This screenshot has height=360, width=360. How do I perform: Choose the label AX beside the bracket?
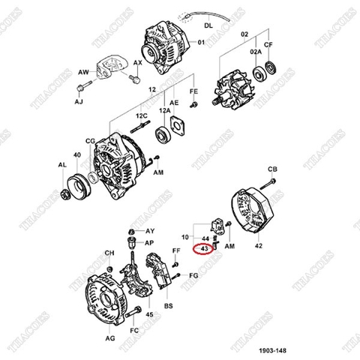137,62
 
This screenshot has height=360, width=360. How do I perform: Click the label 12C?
141,116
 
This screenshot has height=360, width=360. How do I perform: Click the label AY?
149,230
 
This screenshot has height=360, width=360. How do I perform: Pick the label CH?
109,253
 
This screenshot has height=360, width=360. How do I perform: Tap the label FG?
193,276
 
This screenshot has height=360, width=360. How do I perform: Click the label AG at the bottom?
110,338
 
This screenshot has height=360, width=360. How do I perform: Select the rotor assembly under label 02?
232,87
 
